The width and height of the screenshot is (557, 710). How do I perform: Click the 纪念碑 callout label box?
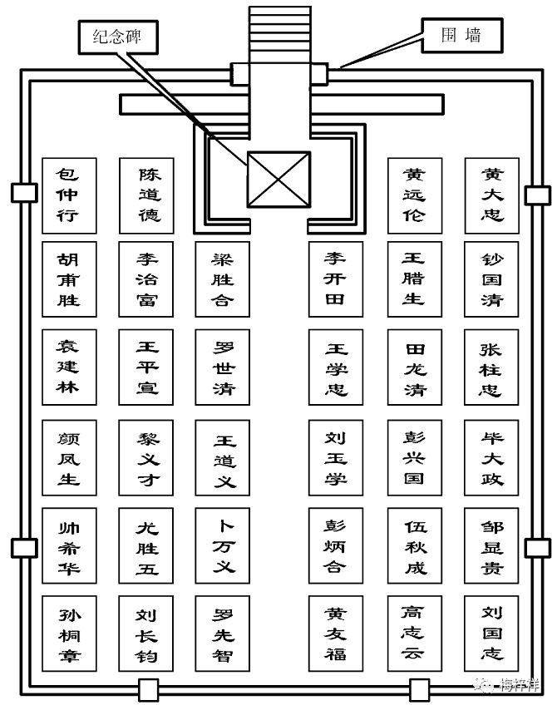[118, 37]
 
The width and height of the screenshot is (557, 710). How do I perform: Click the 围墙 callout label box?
[462, 35]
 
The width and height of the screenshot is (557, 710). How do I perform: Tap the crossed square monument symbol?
[279, 180]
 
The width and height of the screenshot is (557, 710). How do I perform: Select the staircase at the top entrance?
[280, 34]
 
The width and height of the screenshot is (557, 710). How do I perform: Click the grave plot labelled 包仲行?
[69, 195]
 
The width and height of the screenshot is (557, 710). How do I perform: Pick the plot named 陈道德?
[146, 195]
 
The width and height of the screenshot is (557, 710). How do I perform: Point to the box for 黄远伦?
[415, 195]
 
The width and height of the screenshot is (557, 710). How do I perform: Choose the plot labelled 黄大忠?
[492, 195]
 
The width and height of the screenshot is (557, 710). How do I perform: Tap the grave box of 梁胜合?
[222, 279]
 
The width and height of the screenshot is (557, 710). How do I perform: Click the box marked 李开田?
[336, 279]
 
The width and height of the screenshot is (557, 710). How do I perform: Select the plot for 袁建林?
[69, 367]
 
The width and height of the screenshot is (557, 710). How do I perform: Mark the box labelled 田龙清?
[415, 367]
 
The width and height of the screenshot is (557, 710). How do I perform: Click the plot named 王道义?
[222, 457]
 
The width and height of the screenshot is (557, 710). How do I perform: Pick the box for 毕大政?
[491, 457]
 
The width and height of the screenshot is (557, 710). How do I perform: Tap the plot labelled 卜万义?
[222, 545]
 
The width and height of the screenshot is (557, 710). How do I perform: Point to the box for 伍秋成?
[415, 545]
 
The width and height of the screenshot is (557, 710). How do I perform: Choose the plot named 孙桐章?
[69, 633]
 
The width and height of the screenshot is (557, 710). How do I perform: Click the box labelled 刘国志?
[491, 633]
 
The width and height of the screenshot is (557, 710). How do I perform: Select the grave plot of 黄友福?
[336, 633]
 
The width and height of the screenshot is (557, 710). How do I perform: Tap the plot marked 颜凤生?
[69, 457]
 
